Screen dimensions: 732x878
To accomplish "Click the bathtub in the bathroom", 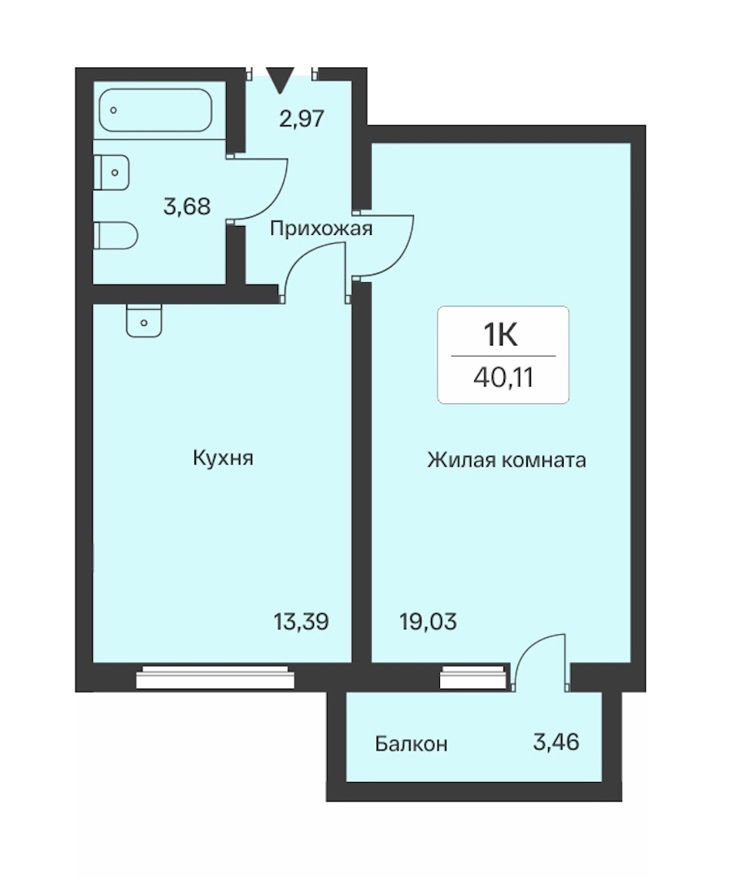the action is tap(155, 110).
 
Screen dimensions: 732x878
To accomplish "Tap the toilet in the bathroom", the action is tap(115, 236).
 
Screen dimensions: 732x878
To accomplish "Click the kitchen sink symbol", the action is tap(144, 320).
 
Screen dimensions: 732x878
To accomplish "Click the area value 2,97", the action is tap(302, 119).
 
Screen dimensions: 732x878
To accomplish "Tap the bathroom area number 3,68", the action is tap(187, 206).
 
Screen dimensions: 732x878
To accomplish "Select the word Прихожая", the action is tap(321, 228).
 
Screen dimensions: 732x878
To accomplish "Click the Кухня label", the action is tap(223, 458).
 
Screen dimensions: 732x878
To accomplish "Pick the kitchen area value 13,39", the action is tap(301, 622).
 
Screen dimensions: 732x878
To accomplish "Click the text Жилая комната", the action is tap(506, 459).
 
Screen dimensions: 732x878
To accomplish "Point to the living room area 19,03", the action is tap(429, 622).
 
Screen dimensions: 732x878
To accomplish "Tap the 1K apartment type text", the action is tap(501, 336).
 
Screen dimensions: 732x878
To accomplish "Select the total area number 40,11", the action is tap(503, 378).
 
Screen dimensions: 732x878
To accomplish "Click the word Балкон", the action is tap(411, 744).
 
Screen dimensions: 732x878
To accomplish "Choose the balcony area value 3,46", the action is tap(556, 742).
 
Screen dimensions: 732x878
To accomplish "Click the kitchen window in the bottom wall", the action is tap(216, 677).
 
